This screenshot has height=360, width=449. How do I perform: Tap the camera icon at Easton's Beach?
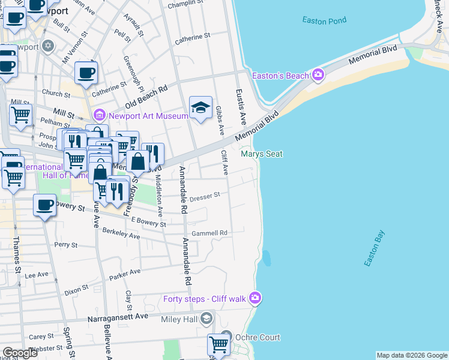click(318, 75)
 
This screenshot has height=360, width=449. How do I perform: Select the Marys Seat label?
click(262, 154)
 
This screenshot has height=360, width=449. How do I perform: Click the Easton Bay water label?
click(373, 249)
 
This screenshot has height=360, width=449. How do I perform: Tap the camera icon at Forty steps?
click(256, 298)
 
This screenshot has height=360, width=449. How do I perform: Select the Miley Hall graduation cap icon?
click(206, 318)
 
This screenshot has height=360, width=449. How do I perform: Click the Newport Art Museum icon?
click(100, 115)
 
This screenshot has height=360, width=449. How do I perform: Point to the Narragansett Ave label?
click(118, 316)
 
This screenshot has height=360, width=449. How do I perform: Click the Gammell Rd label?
click(209, 233)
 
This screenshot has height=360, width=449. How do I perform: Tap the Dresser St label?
click(205, 196)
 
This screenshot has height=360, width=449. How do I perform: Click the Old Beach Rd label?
click(146, 94)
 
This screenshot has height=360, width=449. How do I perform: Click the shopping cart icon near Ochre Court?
click(218, 346)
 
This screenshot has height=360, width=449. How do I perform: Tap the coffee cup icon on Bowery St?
click(44, 205)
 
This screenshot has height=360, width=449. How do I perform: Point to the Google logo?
click(19, 353)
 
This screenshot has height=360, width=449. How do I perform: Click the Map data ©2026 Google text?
click(411, 355)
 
